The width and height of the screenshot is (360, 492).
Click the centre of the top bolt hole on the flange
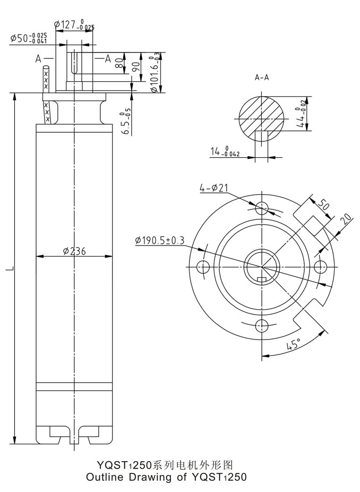point(262,208)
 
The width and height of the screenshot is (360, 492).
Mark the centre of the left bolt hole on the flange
point(203,267)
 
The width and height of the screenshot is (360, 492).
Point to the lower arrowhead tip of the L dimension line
point(14,444)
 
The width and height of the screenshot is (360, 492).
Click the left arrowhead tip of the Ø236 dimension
point(37,256)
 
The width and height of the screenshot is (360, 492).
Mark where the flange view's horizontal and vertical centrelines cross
point(262,267)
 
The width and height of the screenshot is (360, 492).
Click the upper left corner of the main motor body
point(37,124)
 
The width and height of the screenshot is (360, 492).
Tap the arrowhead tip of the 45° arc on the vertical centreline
point(262,356)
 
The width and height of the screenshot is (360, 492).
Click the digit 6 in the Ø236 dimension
point(82,251)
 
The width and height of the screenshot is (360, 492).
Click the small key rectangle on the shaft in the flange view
point(262,279)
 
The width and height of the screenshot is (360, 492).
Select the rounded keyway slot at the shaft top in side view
point(75,62)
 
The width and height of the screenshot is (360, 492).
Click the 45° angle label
point(293,344)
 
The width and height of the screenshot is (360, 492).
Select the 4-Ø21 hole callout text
point(213,188)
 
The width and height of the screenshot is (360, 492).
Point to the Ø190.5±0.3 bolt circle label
point(160,241)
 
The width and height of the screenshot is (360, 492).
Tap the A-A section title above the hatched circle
point(262,77)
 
